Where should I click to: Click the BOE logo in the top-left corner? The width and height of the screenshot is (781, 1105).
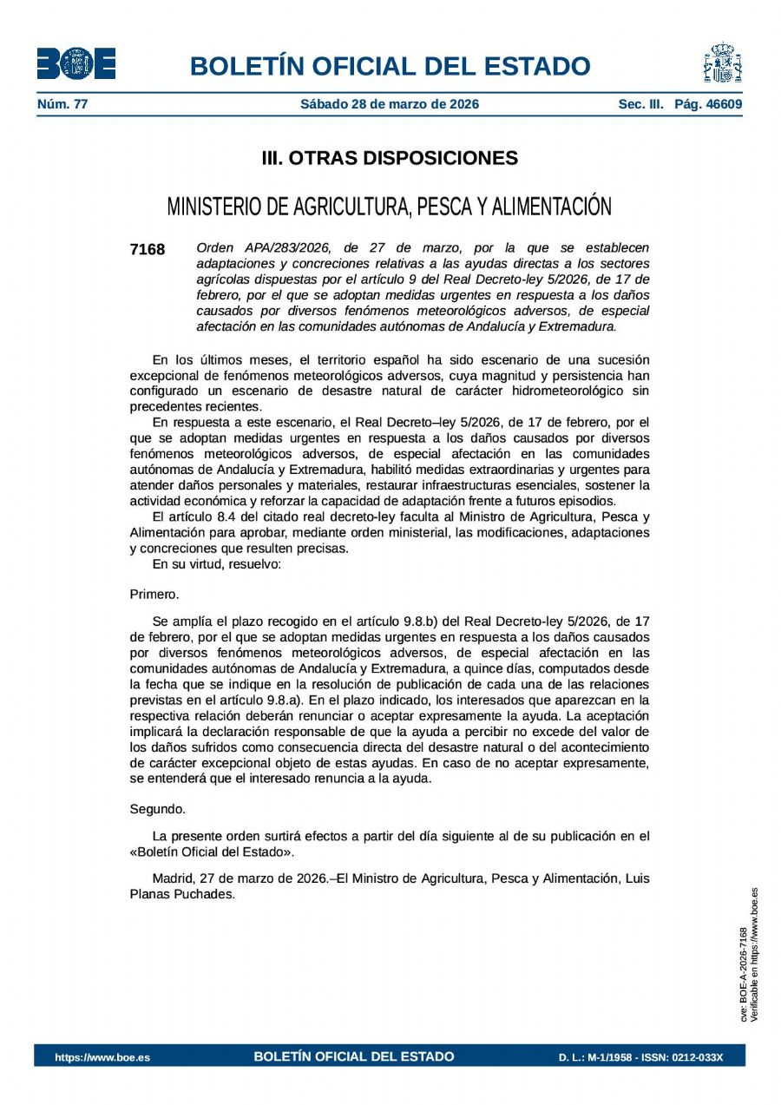75,63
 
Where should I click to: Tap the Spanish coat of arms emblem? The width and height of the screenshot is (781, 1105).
722,63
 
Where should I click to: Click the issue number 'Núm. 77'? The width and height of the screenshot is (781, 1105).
62,105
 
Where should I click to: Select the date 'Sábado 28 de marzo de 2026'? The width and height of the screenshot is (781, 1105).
390,105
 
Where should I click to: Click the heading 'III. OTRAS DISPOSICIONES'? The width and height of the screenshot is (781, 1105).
390,158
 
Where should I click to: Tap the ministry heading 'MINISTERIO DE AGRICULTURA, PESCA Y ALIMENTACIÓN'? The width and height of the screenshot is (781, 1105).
390,207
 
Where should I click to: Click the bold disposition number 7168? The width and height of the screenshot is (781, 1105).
147,250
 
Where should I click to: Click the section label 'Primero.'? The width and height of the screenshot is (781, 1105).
154,595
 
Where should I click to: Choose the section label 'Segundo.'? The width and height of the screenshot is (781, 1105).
157,809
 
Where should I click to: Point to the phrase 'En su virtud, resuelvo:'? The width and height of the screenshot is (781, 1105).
216,564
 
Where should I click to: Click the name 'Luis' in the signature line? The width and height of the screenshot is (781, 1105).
637,878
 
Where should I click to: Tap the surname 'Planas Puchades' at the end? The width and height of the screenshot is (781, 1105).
181,894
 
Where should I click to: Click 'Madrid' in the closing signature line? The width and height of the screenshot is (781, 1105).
173,878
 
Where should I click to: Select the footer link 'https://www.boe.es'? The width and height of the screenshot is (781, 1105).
102,1057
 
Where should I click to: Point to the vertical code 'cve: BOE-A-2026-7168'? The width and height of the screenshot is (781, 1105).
743,974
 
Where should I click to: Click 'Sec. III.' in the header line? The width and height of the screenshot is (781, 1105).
640,105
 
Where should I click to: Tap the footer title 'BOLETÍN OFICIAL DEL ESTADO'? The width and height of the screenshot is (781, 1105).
354,1056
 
